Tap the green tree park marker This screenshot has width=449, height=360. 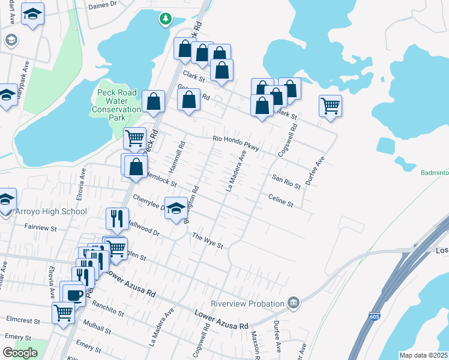coord(165,19)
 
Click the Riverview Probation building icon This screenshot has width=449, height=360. coord(293,301)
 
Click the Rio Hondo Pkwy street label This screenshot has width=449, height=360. coord(235,142)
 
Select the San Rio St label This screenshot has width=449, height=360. coord(286,182)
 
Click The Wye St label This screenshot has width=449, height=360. coord(208,241)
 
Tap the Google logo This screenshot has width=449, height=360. coord(20,352)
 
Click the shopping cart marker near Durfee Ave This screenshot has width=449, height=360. coord(330,106)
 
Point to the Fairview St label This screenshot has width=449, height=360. coord(40,228)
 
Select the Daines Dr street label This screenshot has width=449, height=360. coord(102,4)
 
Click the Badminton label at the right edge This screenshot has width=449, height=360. coord(434,173)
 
